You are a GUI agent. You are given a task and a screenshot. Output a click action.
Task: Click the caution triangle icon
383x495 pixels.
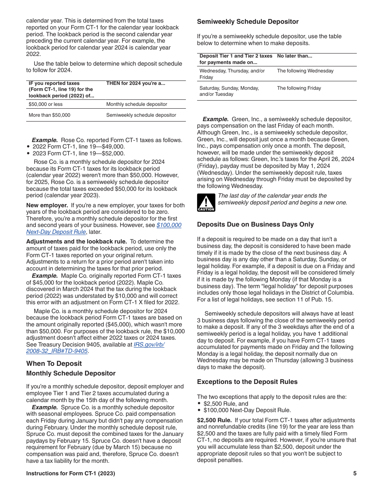[x=206, y=202]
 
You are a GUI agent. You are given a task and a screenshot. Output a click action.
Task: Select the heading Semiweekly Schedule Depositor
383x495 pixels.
[x=248, y=22]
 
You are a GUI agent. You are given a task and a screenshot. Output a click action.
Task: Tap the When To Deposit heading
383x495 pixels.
[x=54, y=363]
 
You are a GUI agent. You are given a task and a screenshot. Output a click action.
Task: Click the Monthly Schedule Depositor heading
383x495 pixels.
[x=71, y=373]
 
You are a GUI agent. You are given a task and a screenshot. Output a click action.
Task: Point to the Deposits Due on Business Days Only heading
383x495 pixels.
[x=255, y=225]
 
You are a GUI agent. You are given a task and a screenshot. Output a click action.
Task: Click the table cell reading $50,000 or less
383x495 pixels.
[x=46, y=104]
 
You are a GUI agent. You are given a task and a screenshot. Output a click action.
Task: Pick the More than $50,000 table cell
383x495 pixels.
[x=49, y=115]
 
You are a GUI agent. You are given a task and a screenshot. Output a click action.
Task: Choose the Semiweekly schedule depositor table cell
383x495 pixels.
[x=141, y=115]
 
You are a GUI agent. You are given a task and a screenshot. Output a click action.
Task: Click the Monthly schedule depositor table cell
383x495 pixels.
[x=136, y=104]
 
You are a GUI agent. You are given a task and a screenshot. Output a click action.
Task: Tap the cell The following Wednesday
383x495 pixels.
[x=305, y=71]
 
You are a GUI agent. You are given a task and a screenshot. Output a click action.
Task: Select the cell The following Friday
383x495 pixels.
[x=299, y=88]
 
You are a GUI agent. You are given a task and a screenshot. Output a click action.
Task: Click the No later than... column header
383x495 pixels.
[x=294, y=56]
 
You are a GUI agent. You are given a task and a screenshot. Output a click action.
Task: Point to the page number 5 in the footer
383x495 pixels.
[x=355, y=474]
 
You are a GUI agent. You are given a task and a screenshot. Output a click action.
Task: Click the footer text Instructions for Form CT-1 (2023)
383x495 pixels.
[x=71, y=474]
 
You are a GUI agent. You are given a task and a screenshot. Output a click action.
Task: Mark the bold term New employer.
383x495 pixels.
[x=47, y=205]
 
